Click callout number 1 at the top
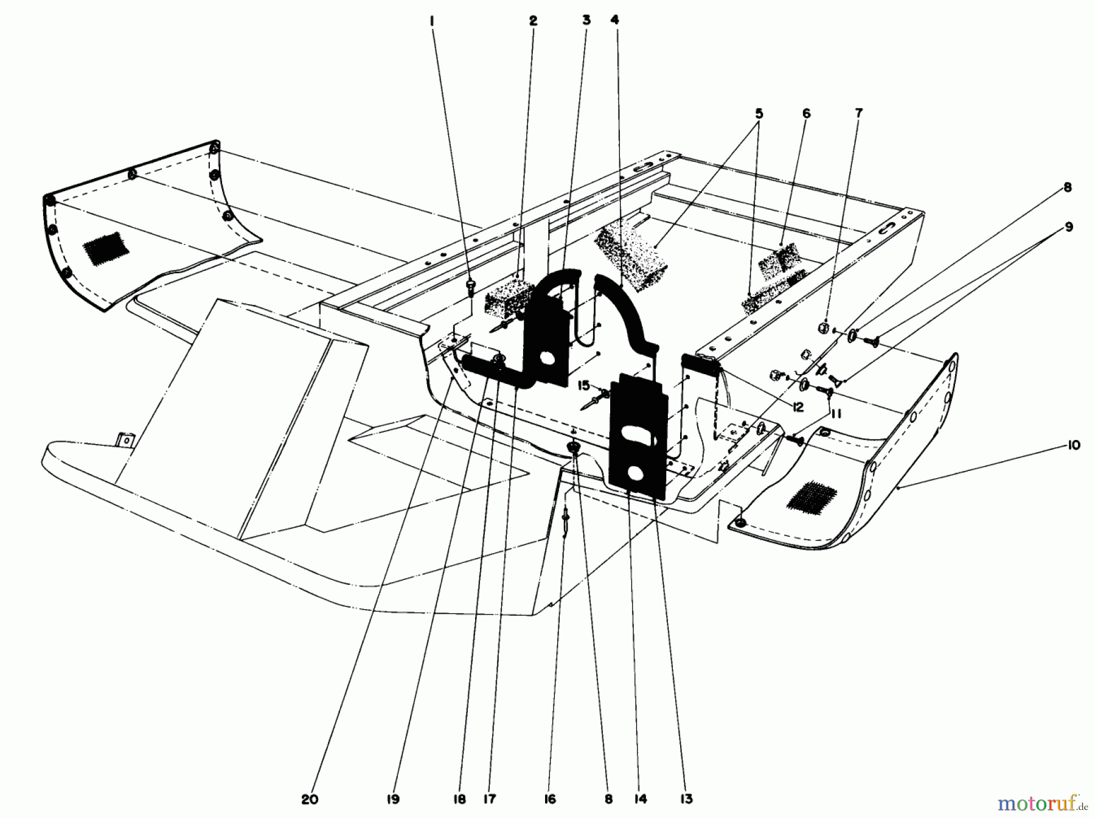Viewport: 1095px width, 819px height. (x=433, y=21)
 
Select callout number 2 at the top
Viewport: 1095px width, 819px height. (x=533, y=21)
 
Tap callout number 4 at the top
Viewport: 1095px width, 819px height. (x=615, y=21)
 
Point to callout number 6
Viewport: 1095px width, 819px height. (x=807, y=113)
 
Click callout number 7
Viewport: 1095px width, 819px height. (x=858, y=113)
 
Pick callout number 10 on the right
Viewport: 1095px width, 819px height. (x=1073, y=445)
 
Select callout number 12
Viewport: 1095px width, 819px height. (x=798, y=407)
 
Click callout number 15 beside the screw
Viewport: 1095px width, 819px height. (x=584, y=385)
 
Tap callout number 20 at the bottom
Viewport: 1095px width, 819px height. (x=310, y=800)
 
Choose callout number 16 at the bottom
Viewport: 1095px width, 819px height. (x=550, y=800)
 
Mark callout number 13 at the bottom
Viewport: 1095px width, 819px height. (x=687, y=800)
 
